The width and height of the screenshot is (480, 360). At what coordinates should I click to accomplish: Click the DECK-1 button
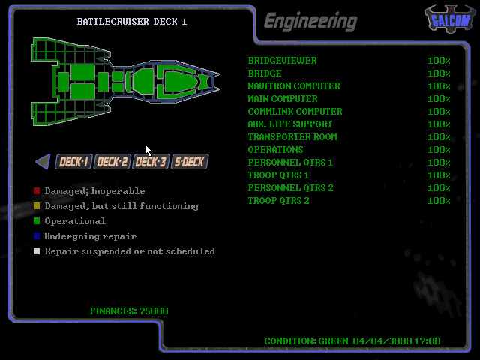[74, 162]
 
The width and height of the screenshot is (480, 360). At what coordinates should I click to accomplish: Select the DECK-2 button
[112, 162]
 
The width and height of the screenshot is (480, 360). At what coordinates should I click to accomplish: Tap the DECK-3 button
[151, 162]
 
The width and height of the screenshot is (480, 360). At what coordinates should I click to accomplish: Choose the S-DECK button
[189, 162]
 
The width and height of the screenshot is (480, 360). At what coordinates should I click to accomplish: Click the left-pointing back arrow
[43, 161]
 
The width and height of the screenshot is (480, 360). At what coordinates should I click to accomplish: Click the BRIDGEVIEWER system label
[282, 61]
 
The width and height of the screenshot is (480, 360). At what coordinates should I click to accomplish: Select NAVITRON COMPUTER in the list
[293, 86]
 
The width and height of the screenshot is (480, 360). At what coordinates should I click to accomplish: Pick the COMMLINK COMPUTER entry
[295, 112]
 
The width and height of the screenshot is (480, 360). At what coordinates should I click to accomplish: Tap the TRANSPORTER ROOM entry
[292, 137]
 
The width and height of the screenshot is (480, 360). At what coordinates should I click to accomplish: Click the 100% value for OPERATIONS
[439, 150]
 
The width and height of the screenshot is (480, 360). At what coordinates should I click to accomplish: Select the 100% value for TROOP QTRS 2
[439, 201]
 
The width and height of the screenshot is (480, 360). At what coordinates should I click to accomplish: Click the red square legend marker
[37, 191]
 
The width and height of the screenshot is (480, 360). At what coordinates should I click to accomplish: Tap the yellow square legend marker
[37, 206]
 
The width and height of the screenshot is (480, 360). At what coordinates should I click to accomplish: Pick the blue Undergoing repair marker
[37, 236]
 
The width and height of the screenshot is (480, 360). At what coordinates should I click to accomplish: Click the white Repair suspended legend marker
[37, 251]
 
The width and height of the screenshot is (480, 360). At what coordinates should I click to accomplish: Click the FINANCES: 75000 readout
[128, 311]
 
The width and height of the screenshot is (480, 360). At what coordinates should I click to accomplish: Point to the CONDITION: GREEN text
[306, 341]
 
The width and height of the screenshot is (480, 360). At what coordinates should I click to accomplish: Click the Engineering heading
[310, 21]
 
